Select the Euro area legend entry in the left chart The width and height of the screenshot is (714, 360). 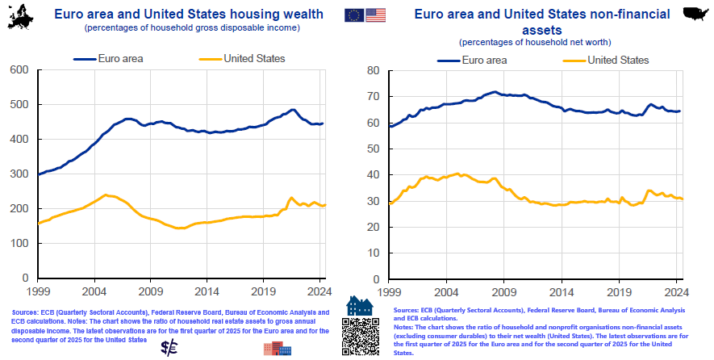104,58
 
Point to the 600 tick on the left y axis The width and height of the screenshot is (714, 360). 19,70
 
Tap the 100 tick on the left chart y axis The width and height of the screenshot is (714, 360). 19,243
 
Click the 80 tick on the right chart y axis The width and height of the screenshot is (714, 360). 373,70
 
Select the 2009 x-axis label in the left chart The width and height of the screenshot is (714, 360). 150,291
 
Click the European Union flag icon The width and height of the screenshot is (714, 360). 353,15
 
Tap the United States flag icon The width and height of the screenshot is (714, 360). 375,15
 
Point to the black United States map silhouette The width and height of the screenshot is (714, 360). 695,11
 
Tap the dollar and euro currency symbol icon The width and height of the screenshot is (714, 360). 170,347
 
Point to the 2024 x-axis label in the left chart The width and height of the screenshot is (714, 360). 319,291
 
